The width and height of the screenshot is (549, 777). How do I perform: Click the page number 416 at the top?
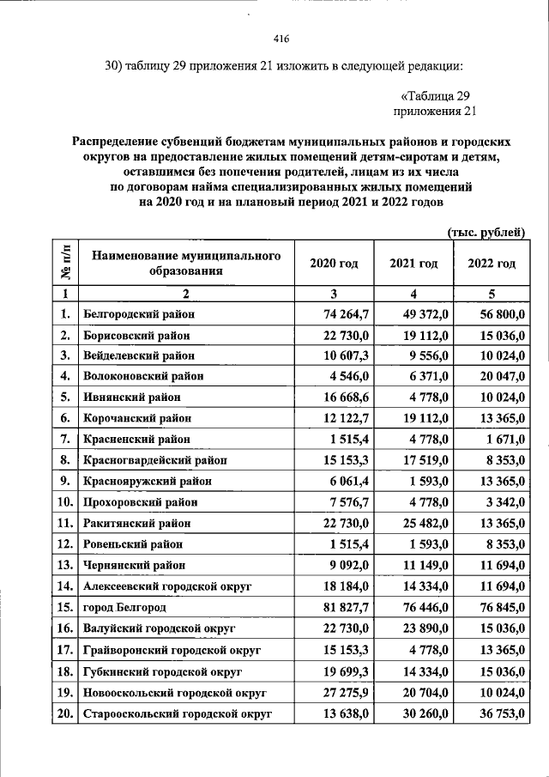coord(281,39)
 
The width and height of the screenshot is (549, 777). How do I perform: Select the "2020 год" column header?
coord(334,263)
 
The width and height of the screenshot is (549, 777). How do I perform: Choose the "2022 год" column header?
coord(492,263)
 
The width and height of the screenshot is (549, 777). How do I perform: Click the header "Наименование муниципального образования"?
coord(187,263)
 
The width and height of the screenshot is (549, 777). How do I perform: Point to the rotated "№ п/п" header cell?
coord(66,263)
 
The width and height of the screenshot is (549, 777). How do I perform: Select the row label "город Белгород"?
coord(126,608)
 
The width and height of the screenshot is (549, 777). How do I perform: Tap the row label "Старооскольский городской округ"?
coord(178,713)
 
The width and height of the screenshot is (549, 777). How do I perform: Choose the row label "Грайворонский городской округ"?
coord(172,650)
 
